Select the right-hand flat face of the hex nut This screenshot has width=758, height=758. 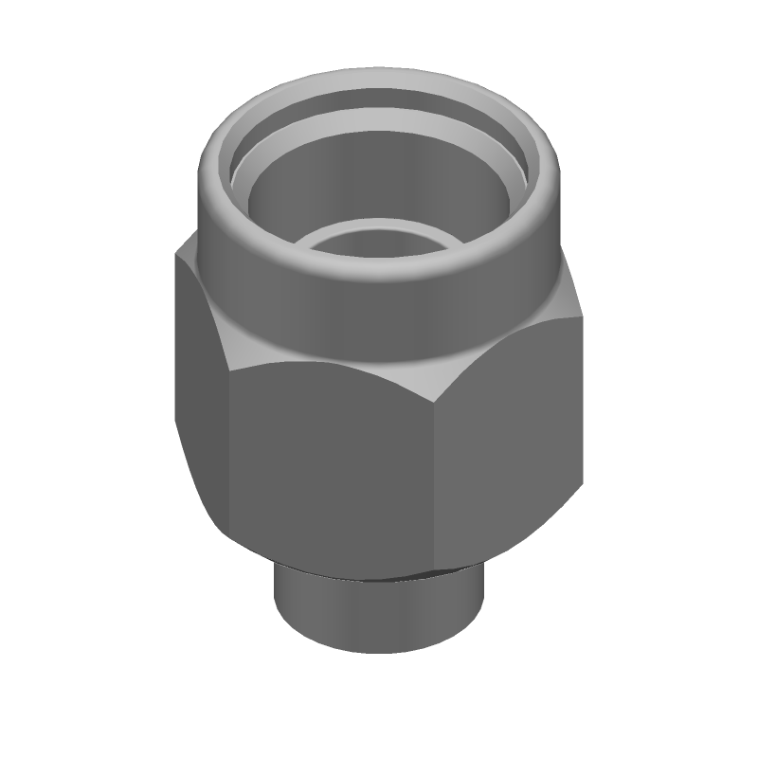click(507, 436)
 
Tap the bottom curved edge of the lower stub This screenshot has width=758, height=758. click(379, 653)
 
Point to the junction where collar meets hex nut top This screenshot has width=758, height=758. click(379, 355)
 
